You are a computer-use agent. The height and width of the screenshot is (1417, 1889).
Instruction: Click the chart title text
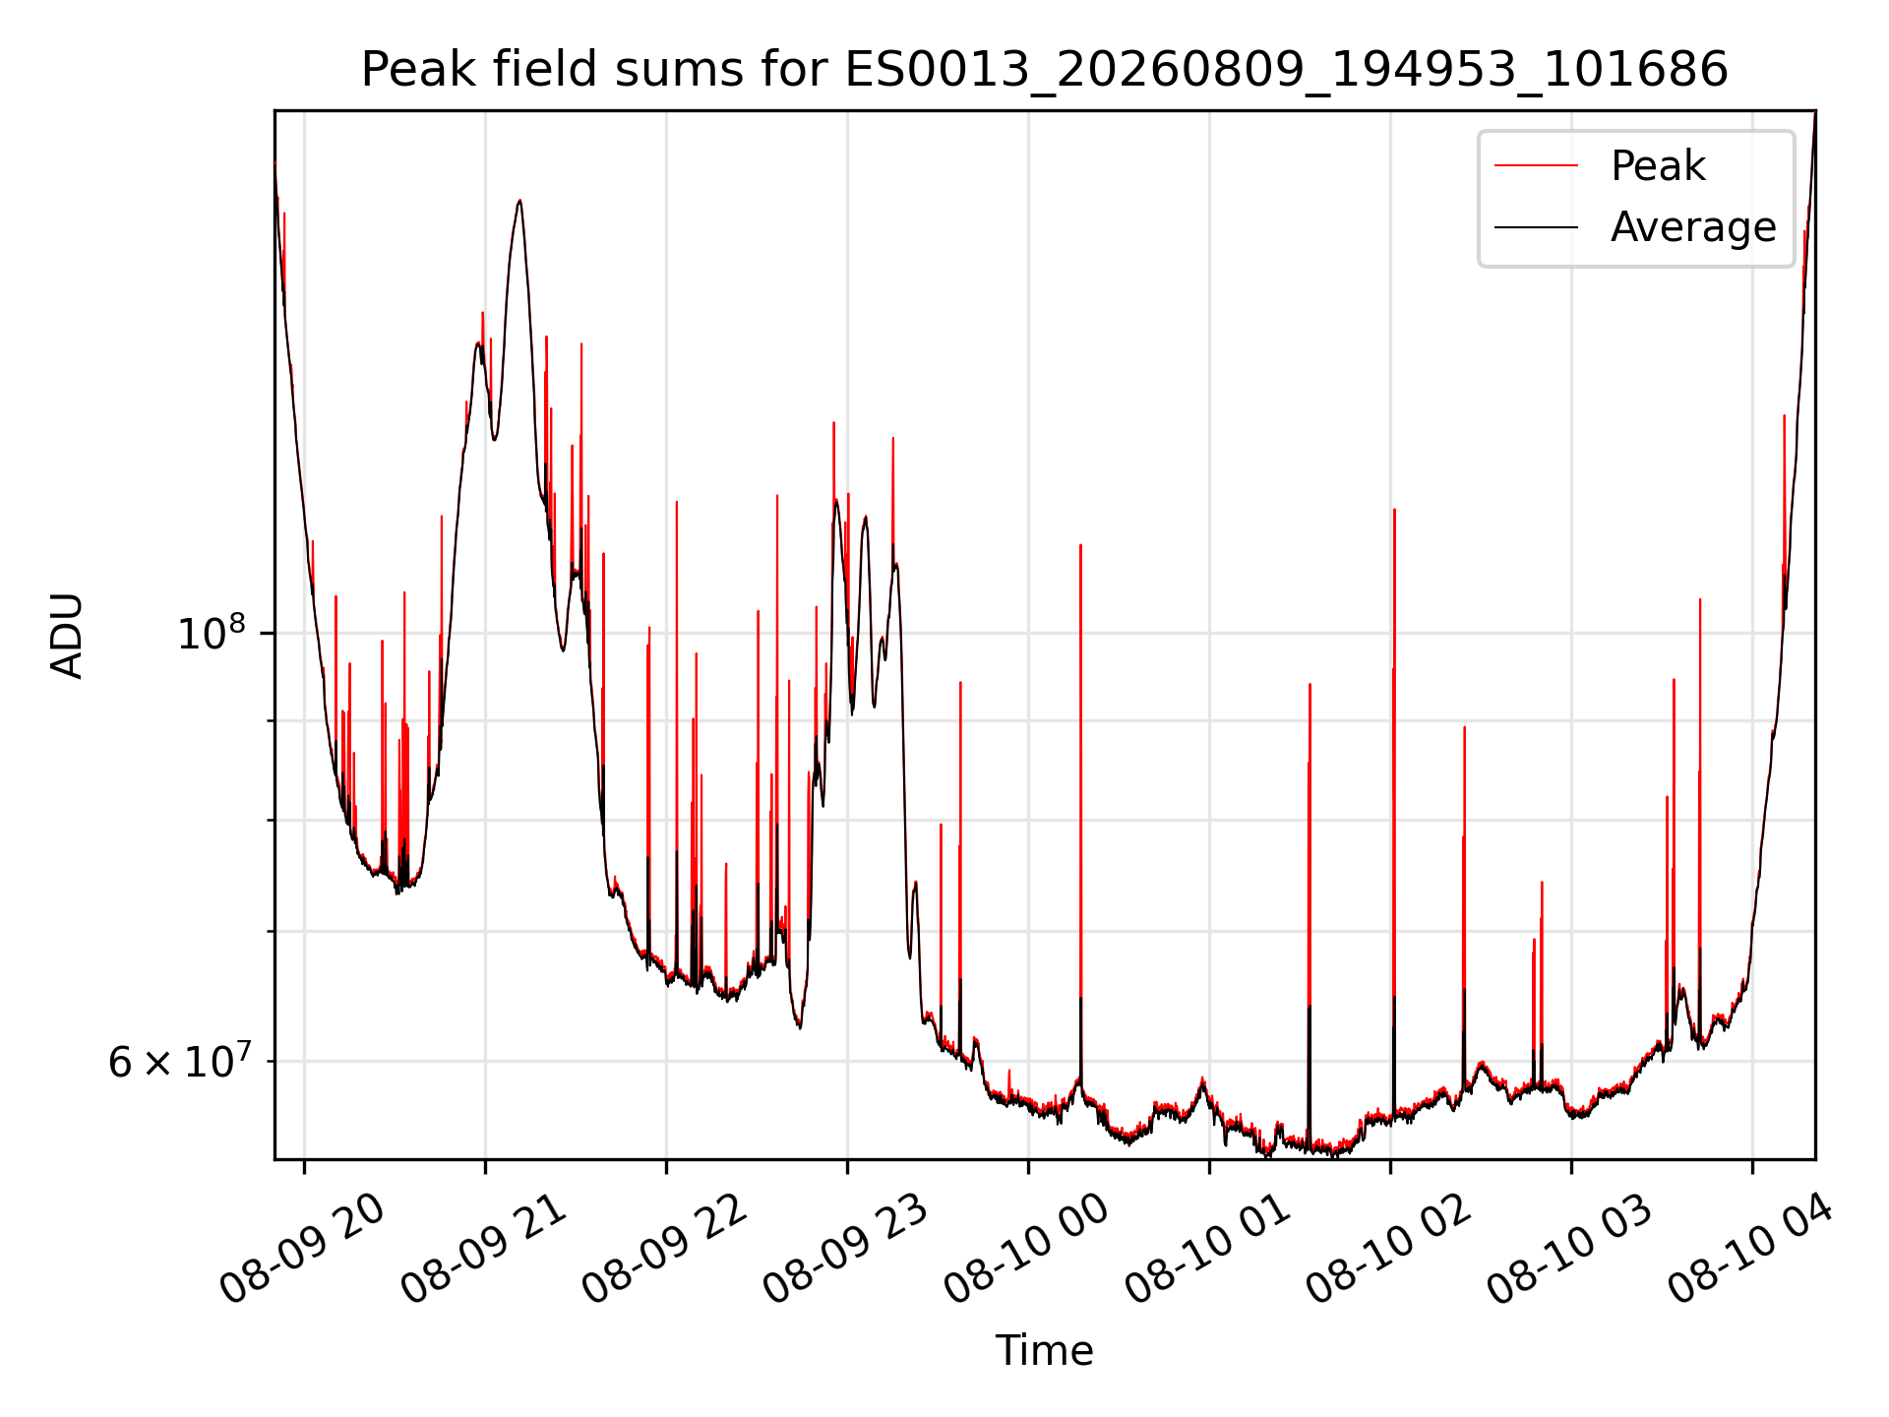click(1044, 70)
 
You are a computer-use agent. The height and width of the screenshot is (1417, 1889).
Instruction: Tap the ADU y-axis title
click(67, 636)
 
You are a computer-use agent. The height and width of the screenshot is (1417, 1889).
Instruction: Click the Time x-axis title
click(1044, 1351)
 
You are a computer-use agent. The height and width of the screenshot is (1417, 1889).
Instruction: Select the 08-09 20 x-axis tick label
click(302, 1250)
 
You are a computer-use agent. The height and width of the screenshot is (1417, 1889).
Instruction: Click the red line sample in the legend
click(1536, 166)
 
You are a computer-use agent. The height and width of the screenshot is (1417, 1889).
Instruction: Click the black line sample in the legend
click(1536, 227)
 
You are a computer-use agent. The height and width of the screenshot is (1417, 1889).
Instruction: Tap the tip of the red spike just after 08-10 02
click(1394, 510)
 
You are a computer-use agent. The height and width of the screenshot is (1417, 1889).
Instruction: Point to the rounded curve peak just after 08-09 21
click(519, 201)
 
